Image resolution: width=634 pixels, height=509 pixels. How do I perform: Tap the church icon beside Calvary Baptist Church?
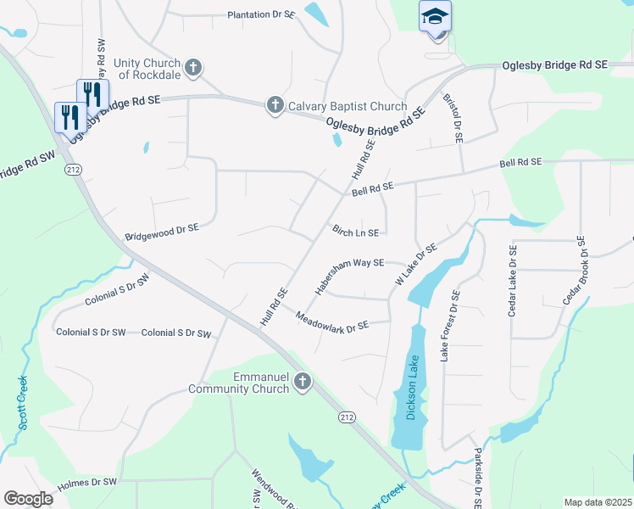[275, 105]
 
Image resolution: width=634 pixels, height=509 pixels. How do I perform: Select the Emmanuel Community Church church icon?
[303, 383]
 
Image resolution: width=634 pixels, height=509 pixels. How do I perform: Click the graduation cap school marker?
[435, 17]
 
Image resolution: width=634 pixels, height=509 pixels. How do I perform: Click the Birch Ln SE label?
[355, 231]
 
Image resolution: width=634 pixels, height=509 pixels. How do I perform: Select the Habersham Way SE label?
[350, 277]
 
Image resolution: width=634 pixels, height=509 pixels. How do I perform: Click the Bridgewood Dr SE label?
[162, 228]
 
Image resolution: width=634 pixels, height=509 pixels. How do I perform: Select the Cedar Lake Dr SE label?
[512, 281]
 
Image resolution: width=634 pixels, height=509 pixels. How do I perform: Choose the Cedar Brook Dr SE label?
[576, 272]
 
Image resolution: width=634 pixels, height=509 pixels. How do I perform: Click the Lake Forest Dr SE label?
[448, 326]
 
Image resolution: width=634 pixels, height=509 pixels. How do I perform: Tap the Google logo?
[28, 499]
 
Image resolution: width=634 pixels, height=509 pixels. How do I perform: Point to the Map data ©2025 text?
[598, 502]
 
